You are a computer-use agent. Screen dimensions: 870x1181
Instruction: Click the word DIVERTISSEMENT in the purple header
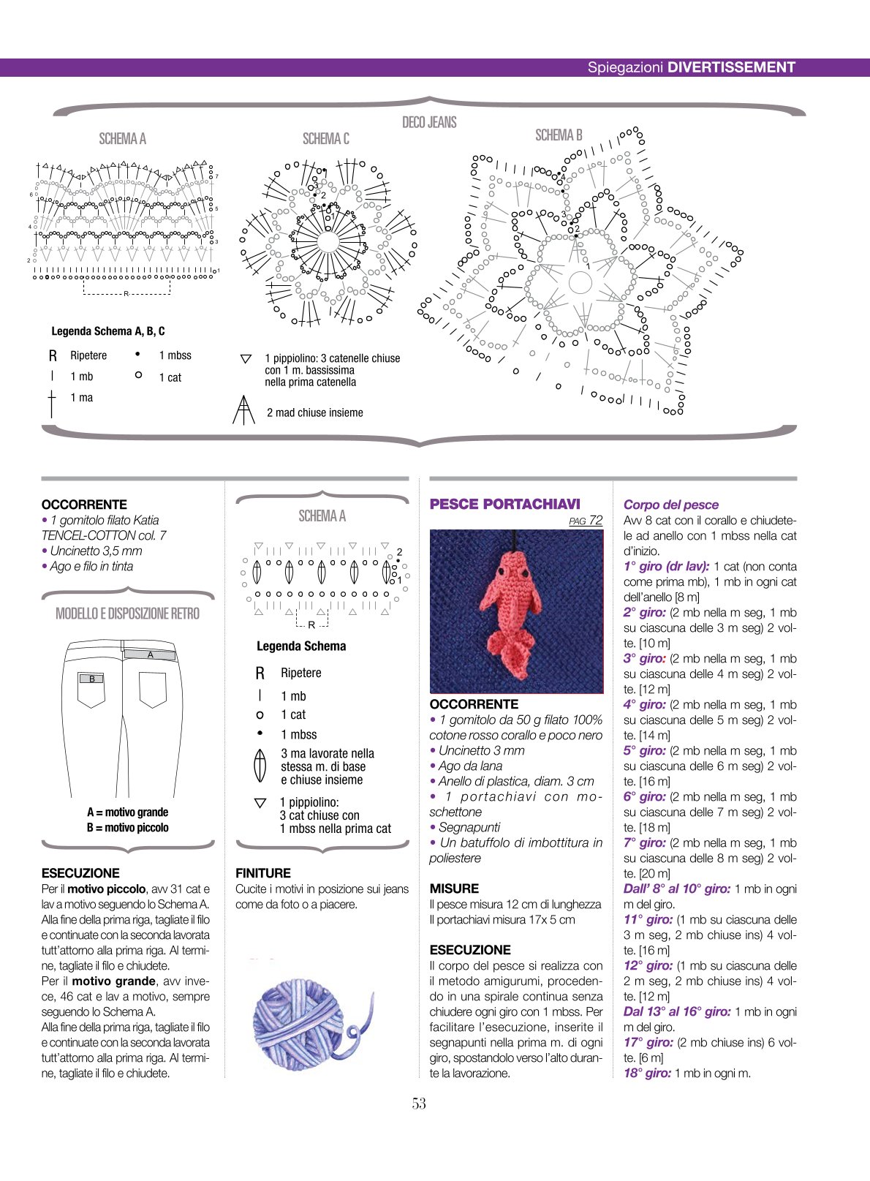(731, 67)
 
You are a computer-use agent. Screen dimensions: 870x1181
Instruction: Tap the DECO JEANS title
(429, 122)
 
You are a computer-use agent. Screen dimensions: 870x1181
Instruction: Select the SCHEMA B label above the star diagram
(559, 135)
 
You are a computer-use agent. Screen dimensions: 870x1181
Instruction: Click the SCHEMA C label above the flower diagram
(325, 139)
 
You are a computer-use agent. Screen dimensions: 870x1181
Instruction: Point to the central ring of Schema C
(328, 242)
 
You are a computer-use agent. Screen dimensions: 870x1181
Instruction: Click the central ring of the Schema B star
(580, 282)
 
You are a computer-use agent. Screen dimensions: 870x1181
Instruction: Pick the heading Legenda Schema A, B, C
(108, 331)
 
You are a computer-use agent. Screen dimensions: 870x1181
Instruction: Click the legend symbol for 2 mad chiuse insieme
(243, 410)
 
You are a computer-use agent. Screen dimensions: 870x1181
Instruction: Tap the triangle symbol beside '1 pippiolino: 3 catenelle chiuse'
(246, 359)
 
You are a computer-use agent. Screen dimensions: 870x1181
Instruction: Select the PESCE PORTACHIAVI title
(505, 504)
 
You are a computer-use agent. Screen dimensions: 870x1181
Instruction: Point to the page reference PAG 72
(586, 521)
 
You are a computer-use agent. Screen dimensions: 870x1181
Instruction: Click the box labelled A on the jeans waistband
(150, 654)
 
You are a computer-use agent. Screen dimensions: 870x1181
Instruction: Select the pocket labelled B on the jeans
(91, 689)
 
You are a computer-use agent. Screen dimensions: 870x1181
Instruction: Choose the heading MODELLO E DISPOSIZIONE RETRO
(127, 614)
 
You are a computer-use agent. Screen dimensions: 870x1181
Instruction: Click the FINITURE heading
(263, 873)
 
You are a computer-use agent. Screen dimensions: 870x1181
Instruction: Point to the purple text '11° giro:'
(648, 919)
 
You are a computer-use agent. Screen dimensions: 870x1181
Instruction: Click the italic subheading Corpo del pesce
(671, 505)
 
